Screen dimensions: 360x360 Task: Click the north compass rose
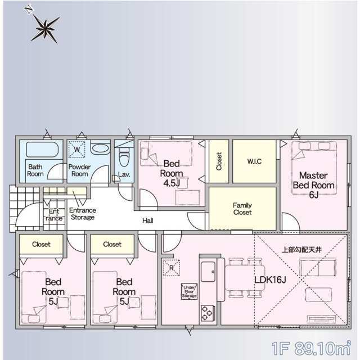(45, 28)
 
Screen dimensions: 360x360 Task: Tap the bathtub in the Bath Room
(43, 150)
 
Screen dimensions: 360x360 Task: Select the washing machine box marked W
(77, 150)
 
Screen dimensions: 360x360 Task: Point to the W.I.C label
(254, 161)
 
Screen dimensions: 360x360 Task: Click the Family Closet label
(242, 209)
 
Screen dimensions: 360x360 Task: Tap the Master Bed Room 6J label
(313, 185)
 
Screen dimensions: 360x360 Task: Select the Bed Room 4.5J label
(172, 173)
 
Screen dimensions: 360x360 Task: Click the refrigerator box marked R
(171, 268)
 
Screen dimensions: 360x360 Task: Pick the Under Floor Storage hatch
(189, 291)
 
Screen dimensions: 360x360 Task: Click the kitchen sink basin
(208, 272)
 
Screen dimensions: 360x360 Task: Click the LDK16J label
(270, 280)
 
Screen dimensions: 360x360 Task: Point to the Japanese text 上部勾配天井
(301, 250)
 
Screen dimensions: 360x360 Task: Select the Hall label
(147, 220)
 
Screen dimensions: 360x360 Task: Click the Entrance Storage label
(83, 214)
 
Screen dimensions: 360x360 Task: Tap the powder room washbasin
(100, 148)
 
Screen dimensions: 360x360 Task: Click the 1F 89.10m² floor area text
(311, 348)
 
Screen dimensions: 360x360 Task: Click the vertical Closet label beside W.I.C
(219, 161)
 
